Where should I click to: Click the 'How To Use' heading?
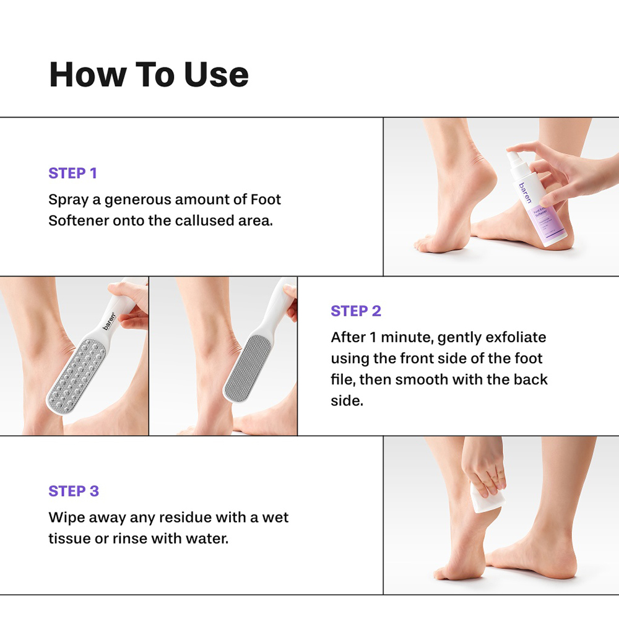pos(149,74)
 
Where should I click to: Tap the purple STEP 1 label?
pos(72,173)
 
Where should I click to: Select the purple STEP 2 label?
pos(356,311)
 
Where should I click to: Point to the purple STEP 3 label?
pos(74,491)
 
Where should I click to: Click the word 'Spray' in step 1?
pos(69,201)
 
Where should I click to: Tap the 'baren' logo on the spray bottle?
pos(524,194)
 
